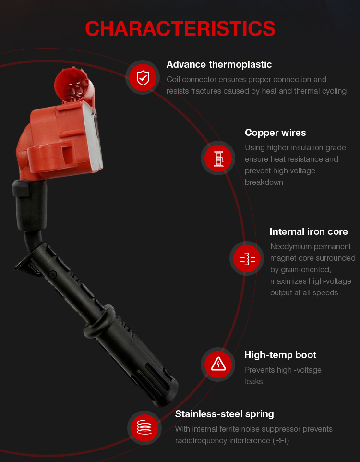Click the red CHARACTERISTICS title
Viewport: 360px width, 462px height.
point(180,29)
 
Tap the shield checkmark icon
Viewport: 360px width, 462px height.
point(143,78)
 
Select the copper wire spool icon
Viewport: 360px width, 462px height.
point(218,158)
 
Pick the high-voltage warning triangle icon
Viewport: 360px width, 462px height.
point(218,364)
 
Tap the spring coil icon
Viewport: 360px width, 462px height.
point(144,427)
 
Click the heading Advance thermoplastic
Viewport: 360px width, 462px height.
point(219,64)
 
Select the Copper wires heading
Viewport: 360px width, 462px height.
point(275,133)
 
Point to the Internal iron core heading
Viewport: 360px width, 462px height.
point(309,231)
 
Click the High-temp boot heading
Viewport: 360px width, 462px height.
point(280,355)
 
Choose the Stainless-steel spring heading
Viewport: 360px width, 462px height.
point(224,414)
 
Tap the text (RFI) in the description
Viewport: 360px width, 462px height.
point(280,441)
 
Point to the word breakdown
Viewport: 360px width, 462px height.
point(264,182)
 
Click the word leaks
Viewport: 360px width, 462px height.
point(253,382)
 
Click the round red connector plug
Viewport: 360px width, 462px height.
point(72,85)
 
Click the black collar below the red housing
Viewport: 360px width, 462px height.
point(30,205)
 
